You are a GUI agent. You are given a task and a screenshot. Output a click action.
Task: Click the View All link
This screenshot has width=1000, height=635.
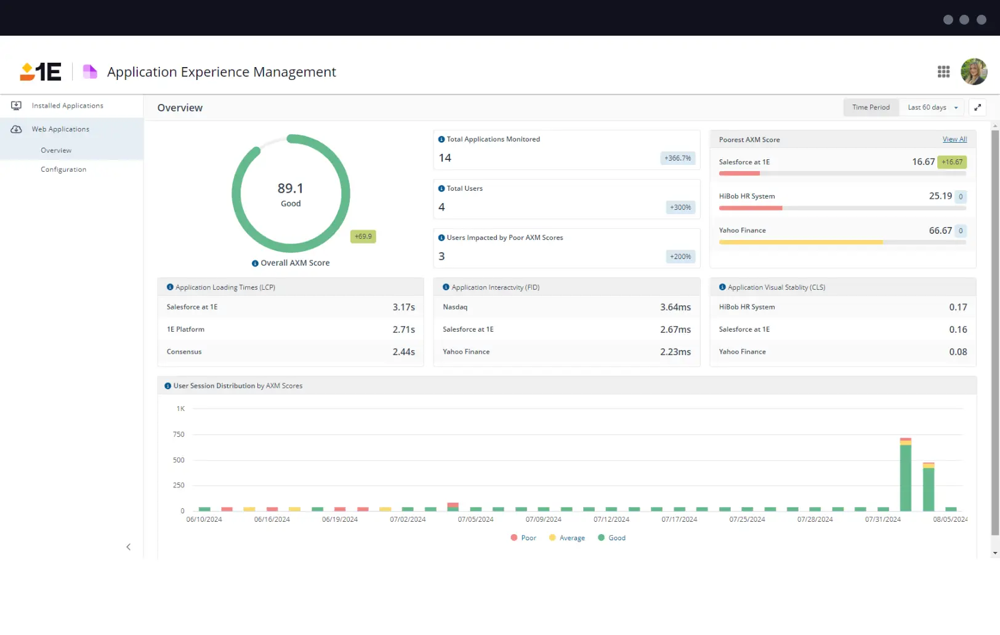tap(954, 140)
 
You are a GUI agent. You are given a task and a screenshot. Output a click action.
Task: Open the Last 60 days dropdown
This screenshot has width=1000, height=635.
tap(932, 108)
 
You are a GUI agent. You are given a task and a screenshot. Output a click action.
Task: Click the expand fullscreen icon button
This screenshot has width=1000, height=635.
tap(977, 108)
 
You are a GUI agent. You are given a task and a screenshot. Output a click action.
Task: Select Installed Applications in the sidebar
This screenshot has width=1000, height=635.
tap(67, 106)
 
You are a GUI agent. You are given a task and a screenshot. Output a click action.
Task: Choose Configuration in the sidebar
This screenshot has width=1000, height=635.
tap(63, 170)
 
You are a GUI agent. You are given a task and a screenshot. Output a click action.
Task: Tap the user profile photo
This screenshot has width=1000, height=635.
tap(974, 72)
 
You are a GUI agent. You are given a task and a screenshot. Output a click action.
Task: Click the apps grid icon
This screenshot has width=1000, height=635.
tap(943, 72)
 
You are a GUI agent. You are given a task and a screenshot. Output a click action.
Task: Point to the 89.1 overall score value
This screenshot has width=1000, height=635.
tap(290, 188)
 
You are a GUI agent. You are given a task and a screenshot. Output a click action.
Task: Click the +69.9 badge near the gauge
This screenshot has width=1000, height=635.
tap(363, 236)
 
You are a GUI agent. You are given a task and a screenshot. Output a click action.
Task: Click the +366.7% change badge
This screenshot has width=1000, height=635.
tap(677, 158)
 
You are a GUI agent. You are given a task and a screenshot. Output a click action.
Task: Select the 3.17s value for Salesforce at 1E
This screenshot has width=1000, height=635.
tap(403, 307)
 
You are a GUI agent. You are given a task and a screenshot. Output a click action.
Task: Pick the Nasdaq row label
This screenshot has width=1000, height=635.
tap(455, 307)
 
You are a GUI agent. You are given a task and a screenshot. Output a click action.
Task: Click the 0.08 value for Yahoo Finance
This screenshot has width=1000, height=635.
tap(958, 352)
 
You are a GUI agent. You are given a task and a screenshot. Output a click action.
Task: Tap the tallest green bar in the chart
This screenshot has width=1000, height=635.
tap(905, 477)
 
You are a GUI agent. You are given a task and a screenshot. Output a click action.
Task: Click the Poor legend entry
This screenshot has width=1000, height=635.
tap(523, 538)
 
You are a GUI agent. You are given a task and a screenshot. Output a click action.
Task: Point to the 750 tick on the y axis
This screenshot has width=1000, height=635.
tap(179, 434)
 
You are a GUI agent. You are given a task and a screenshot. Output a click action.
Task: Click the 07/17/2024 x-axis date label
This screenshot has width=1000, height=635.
tap(679, 519)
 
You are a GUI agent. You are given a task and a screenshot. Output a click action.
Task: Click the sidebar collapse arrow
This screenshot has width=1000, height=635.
tap(128, 547)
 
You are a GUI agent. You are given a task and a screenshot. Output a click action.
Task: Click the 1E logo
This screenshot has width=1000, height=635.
tap(41, 72)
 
